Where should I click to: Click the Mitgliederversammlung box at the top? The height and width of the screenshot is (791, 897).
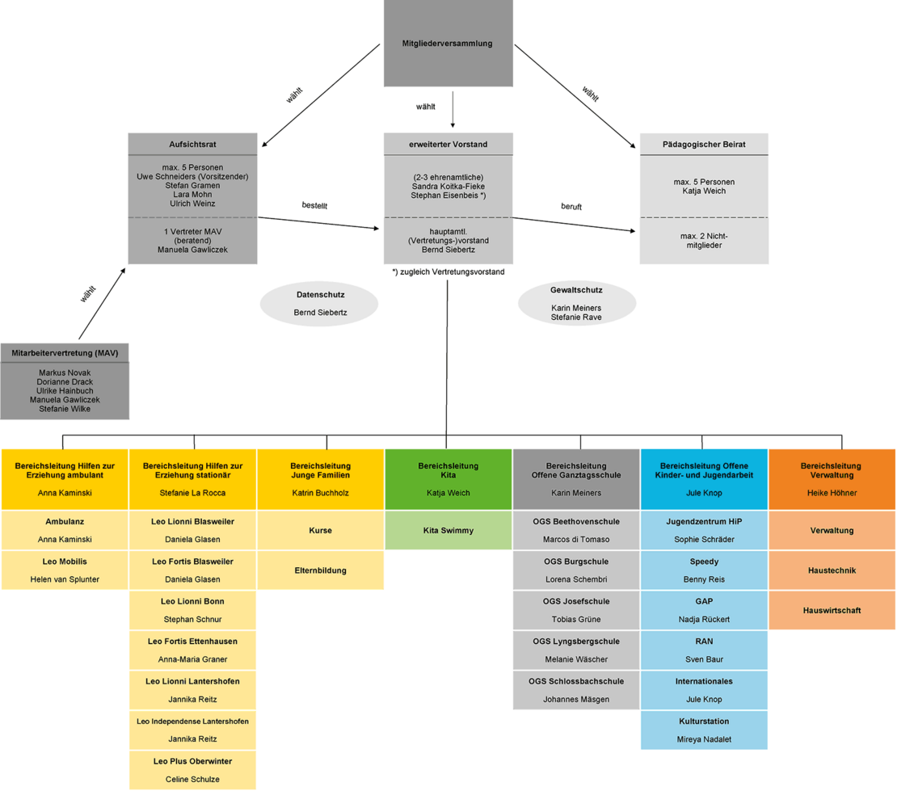pyautogui.click(x=448, y=44)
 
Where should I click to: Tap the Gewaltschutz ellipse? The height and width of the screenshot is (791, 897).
pyautogui.click(x=576, y=303)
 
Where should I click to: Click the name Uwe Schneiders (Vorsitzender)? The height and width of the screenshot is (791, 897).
pyautogui.click(x=192, y=176)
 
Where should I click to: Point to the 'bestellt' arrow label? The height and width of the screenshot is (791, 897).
pyautogui.click(x=314, y=205)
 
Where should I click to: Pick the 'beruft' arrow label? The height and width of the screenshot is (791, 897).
pyautogui.click(x=571, y=207)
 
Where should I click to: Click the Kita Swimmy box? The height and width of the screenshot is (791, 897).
pyautogui.click(x=448, y=530)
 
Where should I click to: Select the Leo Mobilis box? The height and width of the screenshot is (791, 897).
pyautogui.click(x=65, y=570)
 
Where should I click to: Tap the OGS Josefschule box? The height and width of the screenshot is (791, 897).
pyautogui.click(x=576, y=609)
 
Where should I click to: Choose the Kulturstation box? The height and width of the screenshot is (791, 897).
pyautogui.click(x=703, y=730)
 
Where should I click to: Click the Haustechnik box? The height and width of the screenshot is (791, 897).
pyautogui.click(x=832, y=570)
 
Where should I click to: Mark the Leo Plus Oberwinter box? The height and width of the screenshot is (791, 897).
pyautogui.click(x=192, y=769)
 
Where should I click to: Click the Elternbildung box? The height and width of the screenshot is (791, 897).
pyautogui.click(x=320, y=570)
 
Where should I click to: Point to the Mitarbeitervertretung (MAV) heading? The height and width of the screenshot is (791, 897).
pyautogui.click(x=65, y=353)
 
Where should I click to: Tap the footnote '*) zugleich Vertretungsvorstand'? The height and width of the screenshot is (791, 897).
pyautogui.click(x=448, y=272)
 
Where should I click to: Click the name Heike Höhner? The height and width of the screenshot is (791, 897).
pyautogui.click(x=832, y=493)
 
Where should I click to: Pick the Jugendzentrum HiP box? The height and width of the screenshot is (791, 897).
pyautogui.click(x=703, y=530)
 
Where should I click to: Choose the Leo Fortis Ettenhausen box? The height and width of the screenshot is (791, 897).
pyautogui.click(x=192, y=650)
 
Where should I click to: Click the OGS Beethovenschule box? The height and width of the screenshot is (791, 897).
pyautogui.click(x=576, y=530)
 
